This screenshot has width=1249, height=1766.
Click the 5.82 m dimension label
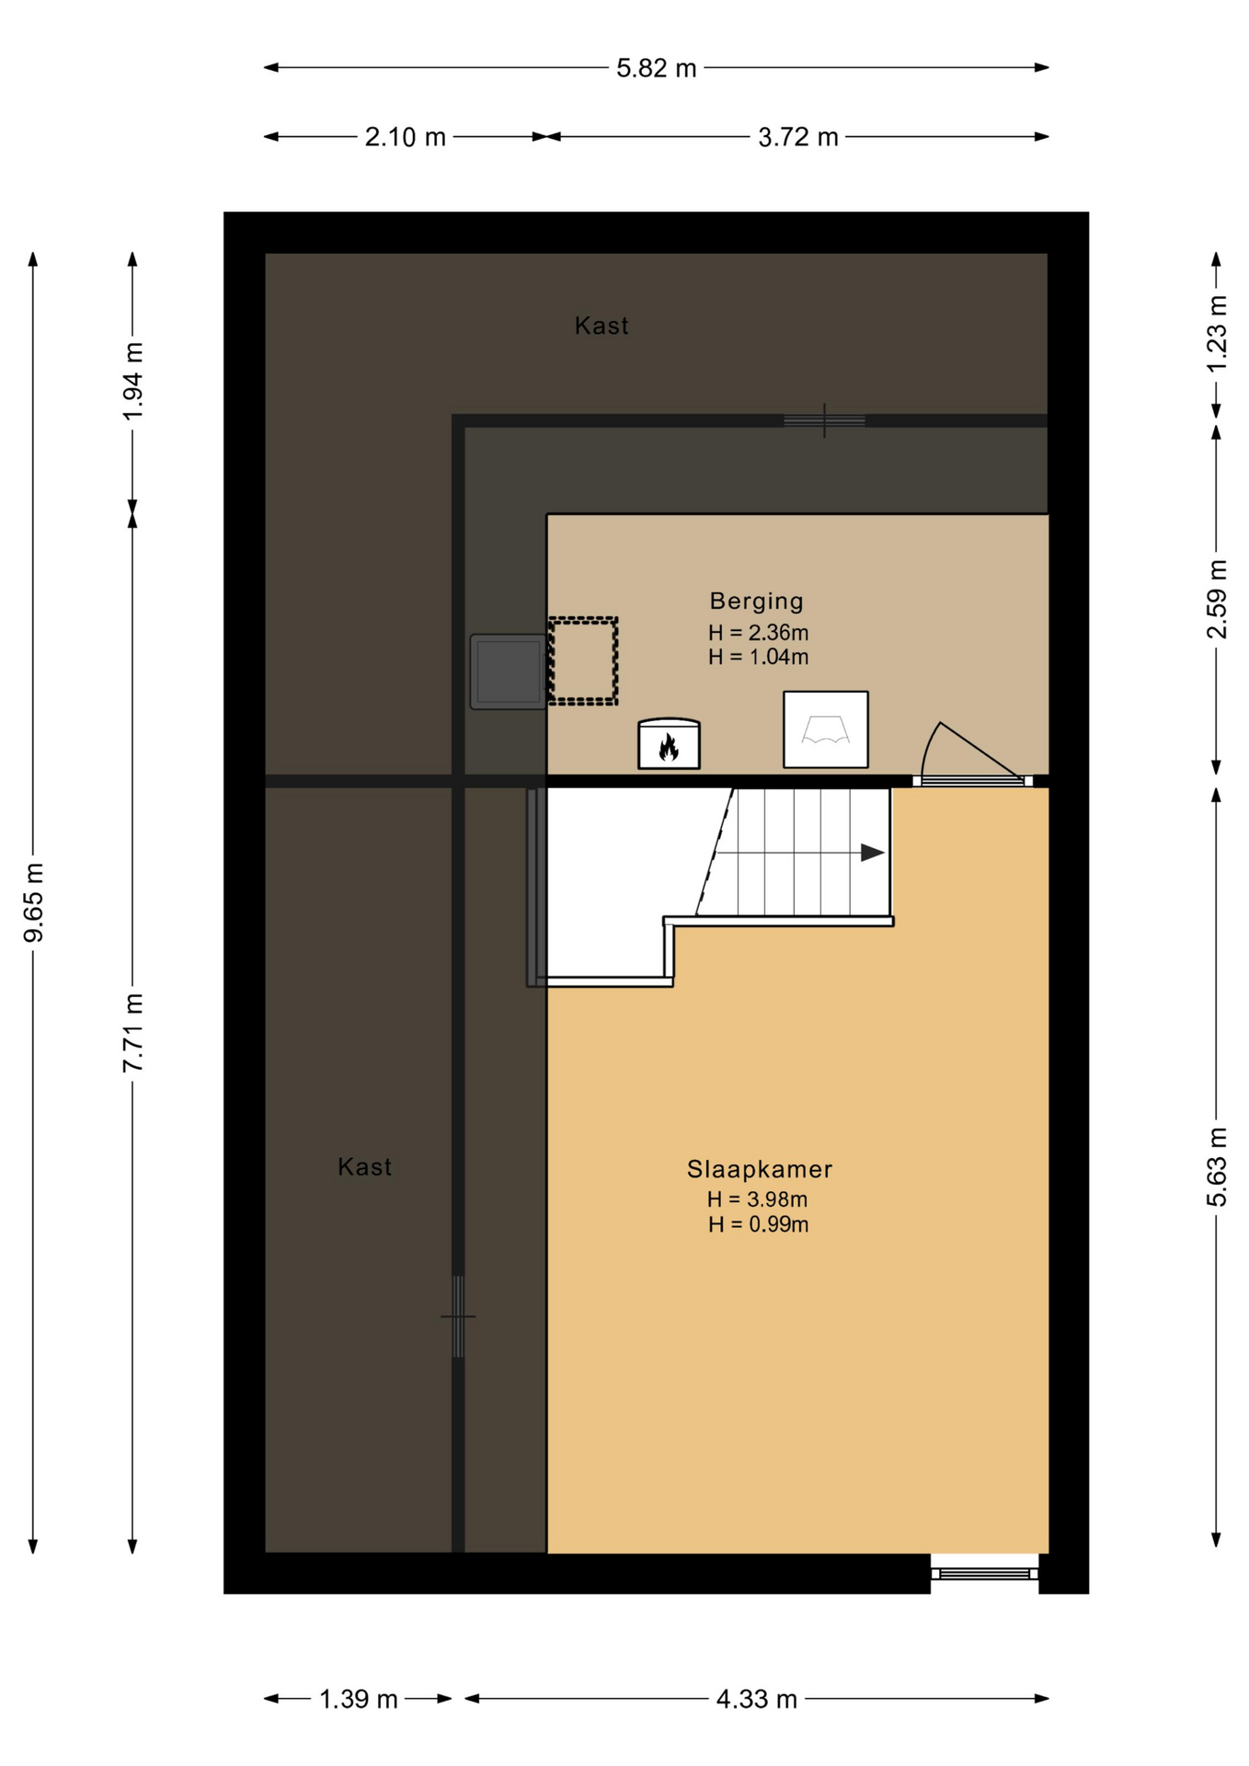tap(656, 68)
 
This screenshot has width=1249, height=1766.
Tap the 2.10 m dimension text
tap(405, 137)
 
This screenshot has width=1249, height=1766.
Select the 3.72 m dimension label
tap(797, 137)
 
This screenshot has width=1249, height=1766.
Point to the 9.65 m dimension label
tap(34, 902)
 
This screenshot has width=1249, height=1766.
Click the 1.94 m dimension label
tap(133, 381)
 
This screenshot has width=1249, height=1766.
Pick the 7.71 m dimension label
tap(133, 1032)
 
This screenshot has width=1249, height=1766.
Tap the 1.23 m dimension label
tap(1217, 334)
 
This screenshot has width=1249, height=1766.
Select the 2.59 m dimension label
tap(1217, 599)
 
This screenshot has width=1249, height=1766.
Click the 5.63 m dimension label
tap(1217, 1166)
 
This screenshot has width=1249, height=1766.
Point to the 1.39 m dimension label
tap(358, 1699)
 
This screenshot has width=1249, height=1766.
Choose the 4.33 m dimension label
tap(756, 1699)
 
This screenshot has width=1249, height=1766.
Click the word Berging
tap(756, 602)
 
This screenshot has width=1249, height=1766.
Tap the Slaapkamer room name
tap(759, 1169)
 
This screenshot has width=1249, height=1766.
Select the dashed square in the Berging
tap(583, 660)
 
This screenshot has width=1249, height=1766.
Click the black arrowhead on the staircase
tap(872, 853)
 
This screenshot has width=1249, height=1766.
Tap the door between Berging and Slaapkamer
tap(972, 754)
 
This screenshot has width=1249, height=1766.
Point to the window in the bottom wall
tap(984, 1574)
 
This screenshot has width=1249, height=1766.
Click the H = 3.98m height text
tap(757, 1199)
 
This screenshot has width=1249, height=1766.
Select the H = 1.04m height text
tap(758, 657)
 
